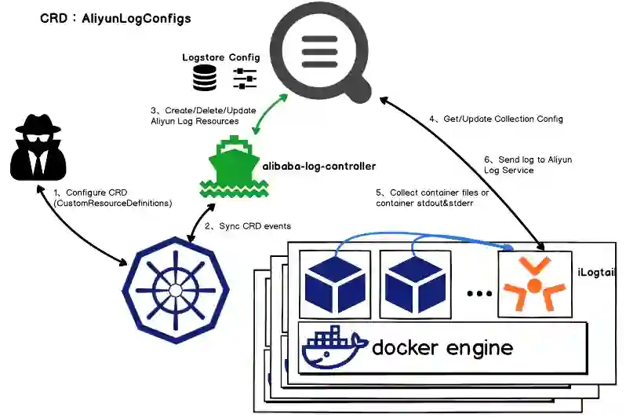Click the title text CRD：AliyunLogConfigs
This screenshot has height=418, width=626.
[x=115, y=18]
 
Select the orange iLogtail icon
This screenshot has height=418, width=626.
[x=534, y=284]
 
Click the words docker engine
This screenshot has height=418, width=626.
[x=442, y=347]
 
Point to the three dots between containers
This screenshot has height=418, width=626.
[x=478, y=294]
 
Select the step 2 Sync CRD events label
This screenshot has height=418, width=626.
[x=248, y=226]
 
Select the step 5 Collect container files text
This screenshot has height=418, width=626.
[x=432, y=197]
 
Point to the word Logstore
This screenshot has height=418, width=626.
[x=203, y=57]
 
